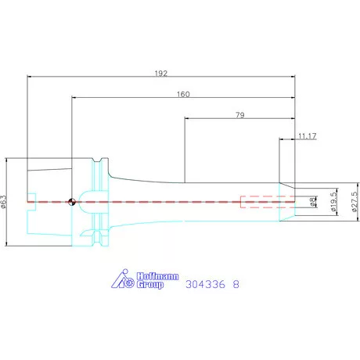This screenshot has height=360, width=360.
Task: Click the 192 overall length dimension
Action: point(161,74)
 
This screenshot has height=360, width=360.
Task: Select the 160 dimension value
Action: point(183,94)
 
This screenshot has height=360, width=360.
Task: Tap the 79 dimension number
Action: point(240,115)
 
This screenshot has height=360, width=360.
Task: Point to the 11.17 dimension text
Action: point(308,136)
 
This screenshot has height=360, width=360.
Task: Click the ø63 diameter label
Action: point(4,202)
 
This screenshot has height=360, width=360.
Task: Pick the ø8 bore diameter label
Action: point(312,202)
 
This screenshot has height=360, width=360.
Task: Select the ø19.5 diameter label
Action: point(333,202)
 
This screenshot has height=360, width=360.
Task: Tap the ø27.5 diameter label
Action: point(355,202)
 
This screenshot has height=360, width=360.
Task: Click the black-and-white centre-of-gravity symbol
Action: point(72,202)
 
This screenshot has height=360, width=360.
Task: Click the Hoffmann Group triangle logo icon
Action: point(123,279)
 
